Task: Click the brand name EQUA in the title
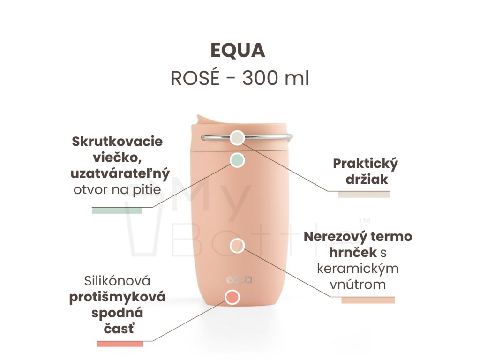point(238,51)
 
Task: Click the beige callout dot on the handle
point(238,137)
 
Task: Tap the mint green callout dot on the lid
point(238,160)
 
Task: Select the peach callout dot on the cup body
point(238,246)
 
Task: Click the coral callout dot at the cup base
point(232,297)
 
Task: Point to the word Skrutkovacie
point(117,141)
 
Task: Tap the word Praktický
point(365,164)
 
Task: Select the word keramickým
point(358,269)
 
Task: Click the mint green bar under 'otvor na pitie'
point(117,210)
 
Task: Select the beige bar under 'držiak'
point(364,194)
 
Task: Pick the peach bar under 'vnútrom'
point(368,300)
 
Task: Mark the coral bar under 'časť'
point(120,344)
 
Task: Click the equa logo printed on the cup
point(239,280)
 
